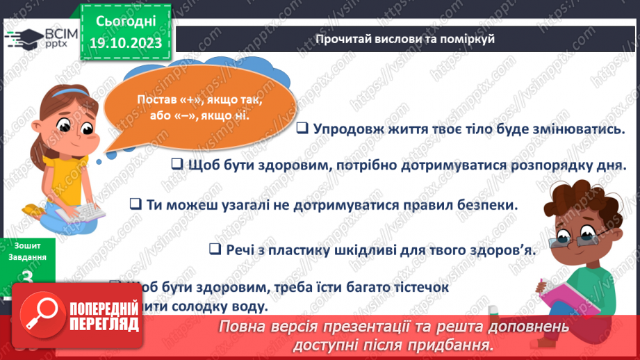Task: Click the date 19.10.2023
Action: (126, 43)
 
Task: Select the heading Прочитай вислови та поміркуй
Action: (405, 39)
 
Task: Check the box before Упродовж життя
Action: (302, 129)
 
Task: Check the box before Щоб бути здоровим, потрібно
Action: (177, 165)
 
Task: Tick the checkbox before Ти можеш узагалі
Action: (136, 205)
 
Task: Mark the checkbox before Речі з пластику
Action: (215, 249)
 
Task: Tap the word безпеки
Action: (491, 205)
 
